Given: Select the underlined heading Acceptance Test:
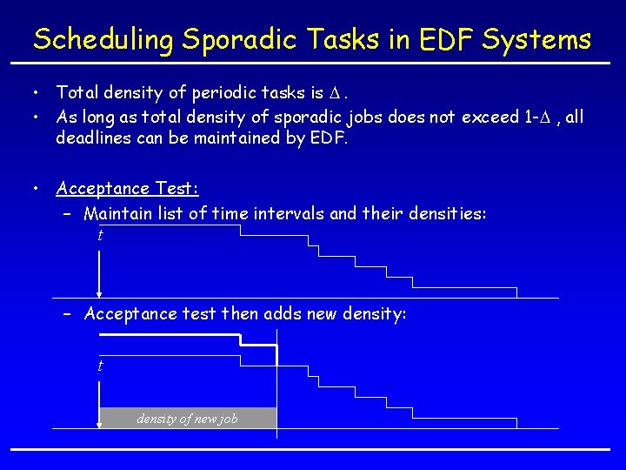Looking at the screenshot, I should click(x=127, y=188).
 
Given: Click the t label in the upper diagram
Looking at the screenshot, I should click(x=100, y=235).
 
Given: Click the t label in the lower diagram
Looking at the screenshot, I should click(x=100, y=366).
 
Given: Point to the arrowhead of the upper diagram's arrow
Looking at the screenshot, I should click(x=100, y=293).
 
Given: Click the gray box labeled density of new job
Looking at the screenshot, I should click(x=187, y=419).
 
